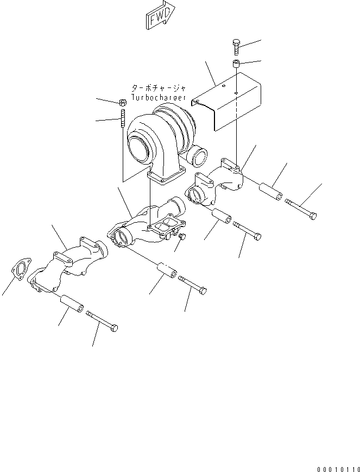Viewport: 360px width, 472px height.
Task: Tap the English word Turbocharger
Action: (158, 98)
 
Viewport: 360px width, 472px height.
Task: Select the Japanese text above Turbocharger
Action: (158, 88)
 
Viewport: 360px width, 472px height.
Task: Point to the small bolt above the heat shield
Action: (236, 47)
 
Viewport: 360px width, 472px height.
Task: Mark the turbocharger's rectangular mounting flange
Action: (167, 178)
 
